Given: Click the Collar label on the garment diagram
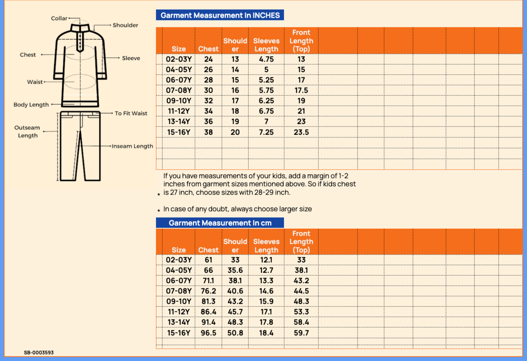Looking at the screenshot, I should pos(59,18).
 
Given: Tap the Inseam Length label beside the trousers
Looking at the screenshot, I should pos(132,146).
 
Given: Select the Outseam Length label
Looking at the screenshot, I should pos(27,131).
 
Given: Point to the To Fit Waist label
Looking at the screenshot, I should pos(131,113).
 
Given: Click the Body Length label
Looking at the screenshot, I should pos(31,105).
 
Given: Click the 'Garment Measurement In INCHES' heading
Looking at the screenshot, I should pos(220,15).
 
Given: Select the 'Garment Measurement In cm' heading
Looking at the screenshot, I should pos(220,223).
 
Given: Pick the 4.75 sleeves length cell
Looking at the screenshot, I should pos(266,59).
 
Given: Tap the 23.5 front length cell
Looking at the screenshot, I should pos(301,132).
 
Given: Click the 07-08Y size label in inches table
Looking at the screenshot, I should pos(179,90).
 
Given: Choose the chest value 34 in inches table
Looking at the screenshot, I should pos(208,111).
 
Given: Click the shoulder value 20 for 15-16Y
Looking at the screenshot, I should pos(235,132).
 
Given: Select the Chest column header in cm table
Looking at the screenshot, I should pos(208,250).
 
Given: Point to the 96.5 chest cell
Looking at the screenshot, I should pos(208,333).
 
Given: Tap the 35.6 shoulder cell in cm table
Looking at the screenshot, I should pos(235,270).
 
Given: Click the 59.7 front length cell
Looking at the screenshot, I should pos(301,333).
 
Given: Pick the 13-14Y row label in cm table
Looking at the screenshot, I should pos(179,322).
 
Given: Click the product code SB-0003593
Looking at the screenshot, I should pos(39,353).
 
